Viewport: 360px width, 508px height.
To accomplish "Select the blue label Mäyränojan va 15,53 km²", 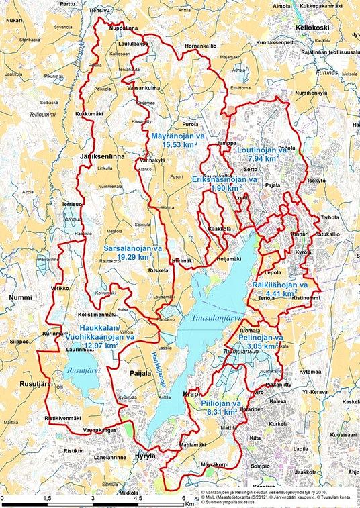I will pos(173,140).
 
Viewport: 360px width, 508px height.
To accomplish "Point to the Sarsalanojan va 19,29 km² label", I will pos(133,252).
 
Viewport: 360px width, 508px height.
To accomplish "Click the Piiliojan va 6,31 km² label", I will pos(219,407).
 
